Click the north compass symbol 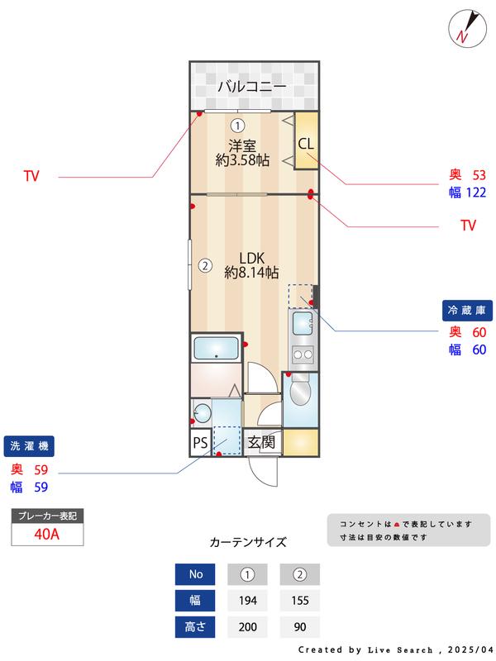(465, 28)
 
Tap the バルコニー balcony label (252, 86)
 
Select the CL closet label (306, 143)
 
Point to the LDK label (251, 256)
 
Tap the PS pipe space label (200, 443)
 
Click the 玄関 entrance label (261, 443)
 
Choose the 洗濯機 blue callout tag (29, 446)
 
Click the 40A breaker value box (47, 534)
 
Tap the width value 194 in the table (246, 600)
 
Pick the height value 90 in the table (300, 627)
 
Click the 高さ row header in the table (195, 627)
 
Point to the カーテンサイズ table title (248, 542)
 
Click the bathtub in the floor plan (217, 348)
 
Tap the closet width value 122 (474, 193)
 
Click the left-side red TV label (31, 176)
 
